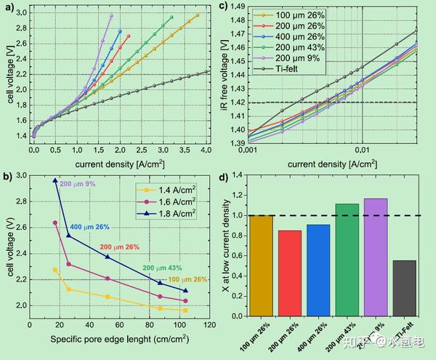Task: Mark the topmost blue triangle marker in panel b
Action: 55,180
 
